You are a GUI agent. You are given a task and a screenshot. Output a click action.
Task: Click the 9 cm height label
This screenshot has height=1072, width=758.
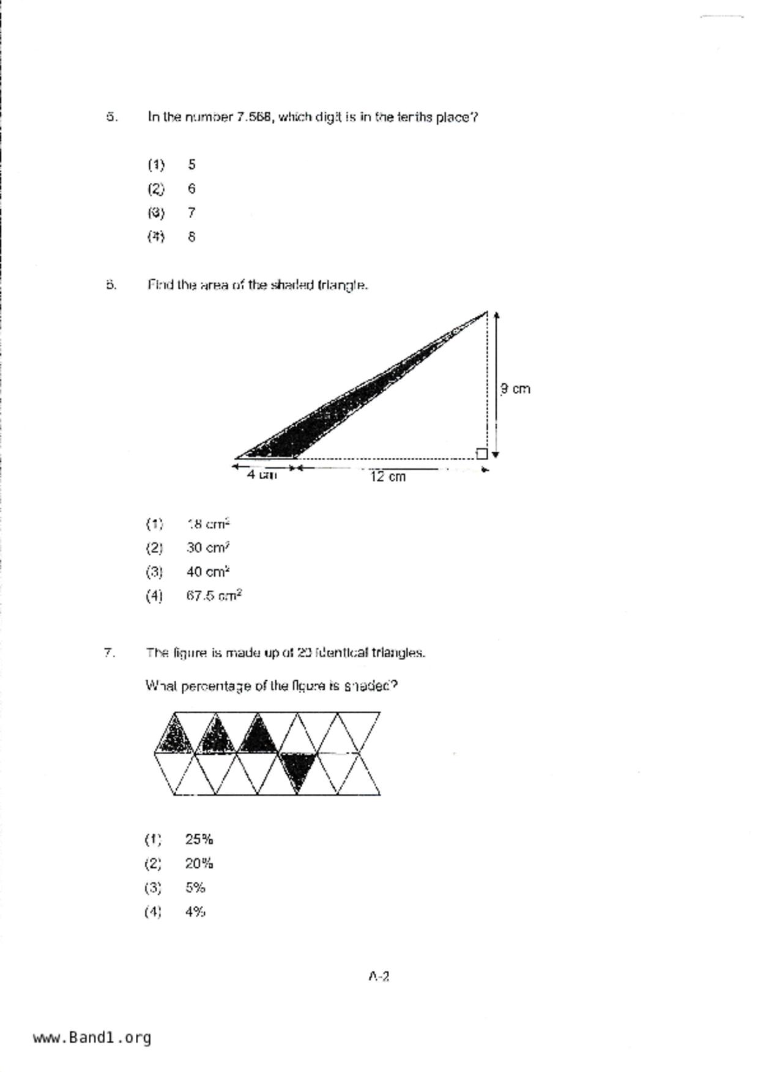(x=515, y=389)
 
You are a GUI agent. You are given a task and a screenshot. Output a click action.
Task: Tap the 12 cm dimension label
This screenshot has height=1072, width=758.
(x=388, y=477)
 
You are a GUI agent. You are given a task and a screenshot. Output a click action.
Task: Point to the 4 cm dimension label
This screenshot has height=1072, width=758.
(x=262, y=475)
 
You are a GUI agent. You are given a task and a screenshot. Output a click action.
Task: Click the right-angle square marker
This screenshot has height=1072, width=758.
(x=481, y=453)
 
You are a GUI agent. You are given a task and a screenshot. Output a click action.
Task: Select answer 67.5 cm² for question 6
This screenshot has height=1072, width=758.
(x=214, y=595)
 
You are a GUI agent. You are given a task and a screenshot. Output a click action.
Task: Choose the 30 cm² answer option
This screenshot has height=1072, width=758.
(x=208, y=548)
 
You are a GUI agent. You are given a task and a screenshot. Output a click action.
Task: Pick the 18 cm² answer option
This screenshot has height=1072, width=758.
(x=208, y=524)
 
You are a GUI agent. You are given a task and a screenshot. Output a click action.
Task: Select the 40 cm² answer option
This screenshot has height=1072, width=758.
(x=208, y=572)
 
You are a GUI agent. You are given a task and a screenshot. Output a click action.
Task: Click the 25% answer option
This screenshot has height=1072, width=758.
(x=199, y=839)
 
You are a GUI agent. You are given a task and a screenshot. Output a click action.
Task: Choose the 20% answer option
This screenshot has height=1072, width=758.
(x=199, y=864)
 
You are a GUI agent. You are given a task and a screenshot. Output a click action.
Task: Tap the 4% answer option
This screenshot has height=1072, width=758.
(x=195, y=912)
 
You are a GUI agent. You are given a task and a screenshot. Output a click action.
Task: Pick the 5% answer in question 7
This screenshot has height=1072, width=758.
(x=195, y=887)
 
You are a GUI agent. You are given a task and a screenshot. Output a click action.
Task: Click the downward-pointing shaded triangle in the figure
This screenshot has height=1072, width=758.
(x=298, y=769)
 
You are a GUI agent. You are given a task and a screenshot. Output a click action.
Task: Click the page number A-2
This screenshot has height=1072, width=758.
(x=379, y=976)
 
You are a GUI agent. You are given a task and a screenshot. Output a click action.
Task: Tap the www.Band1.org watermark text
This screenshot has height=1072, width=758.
(x=92, y=1038)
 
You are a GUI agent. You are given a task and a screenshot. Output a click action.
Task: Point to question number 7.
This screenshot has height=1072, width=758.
(x=109, y=653)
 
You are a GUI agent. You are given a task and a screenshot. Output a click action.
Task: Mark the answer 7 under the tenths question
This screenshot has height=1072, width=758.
(x=191, y=213)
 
